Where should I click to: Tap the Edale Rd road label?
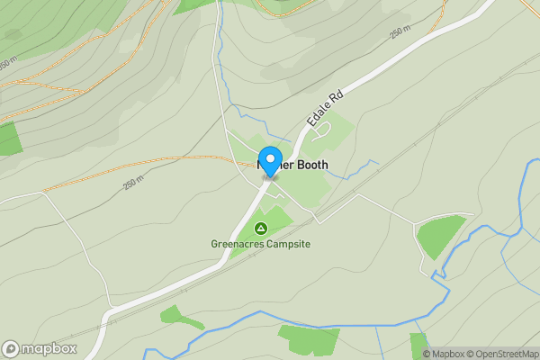pyautogui.click(x=323, y=108)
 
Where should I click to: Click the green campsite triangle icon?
pyautogui.click(x=261, y=229)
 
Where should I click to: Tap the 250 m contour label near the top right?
pyautogui.click(x=399, y=32)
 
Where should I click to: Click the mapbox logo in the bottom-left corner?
pyautogui.click(x=38, y=348)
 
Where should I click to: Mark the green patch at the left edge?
pyautogui.click(x=8, y=139)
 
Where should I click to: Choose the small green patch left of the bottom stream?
pyautogui.click(x=172, y=315)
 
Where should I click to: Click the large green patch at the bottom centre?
pyautogui.click(x=308, y=339)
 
